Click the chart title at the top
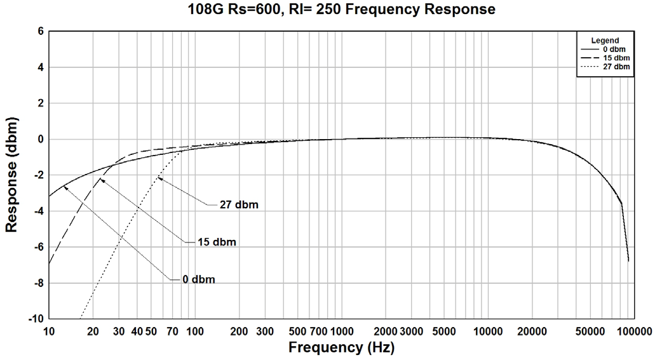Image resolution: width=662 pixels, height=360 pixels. coord(342,10)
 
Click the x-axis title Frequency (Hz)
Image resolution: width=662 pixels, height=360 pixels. coord(341,347)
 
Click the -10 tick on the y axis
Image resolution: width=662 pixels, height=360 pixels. coord(36,318)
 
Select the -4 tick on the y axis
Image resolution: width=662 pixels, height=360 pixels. coord(37,211)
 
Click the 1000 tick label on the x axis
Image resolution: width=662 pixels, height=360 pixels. coord(342,331)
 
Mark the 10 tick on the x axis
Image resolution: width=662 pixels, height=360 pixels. coord(49,331)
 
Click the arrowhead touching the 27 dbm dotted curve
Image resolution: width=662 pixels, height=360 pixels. coord(159,179)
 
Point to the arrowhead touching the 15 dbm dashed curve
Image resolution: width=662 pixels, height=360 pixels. coord(102,180)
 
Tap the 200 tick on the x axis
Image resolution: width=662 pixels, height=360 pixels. coord(239,331)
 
